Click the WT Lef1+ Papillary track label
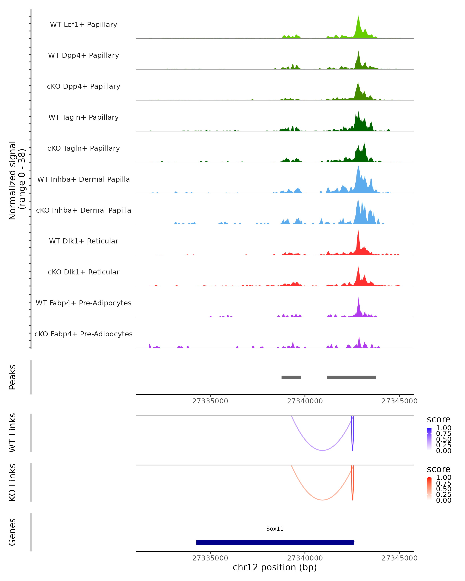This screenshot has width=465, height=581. pos(84,25)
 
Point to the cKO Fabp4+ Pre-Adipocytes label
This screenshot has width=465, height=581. pos(84,334)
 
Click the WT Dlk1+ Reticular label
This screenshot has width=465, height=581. pos(84,241)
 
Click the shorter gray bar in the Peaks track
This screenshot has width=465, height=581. pos(291,377)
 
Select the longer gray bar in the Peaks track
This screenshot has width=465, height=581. pos(351,377)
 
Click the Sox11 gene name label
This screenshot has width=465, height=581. pos(275,529)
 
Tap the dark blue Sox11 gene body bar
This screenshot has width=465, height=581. pos(275,542)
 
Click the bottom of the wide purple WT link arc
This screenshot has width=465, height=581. pos(322,450)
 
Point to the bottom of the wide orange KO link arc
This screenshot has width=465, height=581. pos(322,500)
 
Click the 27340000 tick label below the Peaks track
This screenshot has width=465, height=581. pos(305,401)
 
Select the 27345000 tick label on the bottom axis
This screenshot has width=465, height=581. pos(400,558)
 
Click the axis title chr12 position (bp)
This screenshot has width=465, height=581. pos(275,567)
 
